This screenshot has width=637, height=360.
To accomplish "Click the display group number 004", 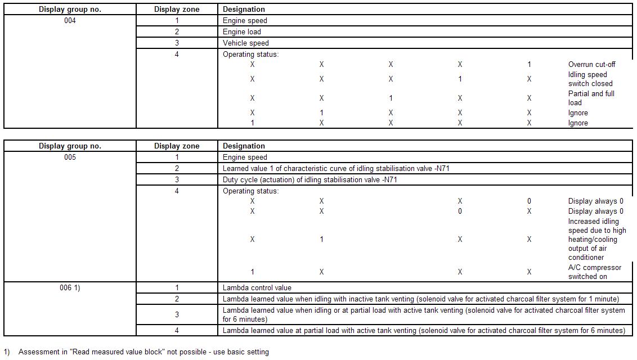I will (70, 21).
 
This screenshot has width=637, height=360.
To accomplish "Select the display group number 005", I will (70, 157).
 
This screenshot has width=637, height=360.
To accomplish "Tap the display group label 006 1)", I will (70, 288).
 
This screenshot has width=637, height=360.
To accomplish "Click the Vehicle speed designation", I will (246, 43).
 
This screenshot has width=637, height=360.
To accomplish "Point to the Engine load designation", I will (242, 32).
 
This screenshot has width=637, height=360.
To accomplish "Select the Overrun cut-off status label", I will (591, 65).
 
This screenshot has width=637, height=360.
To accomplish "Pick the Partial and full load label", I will (591, 98).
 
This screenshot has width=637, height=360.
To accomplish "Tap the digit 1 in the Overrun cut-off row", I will (529, 65).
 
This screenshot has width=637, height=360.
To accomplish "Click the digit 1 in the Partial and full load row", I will (391, 98).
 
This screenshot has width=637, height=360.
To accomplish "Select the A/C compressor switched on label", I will (595, 272).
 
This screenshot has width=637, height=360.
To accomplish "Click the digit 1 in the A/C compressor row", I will (252, 272).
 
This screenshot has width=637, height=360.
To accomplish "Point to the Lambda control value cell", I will (257, 288).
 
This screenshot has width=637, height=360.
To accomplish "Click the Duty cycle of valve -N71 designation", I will (311, 180).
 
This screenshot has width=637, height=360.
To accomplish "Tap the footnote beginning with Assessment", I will (143, 352).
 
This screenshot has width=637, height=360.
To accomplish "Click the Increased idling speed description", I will (596, 240).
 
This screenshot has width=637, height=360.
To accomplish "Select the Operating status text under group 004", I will (250, 55).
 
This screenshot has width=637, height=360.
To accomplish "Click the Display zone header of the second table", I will (177, 146).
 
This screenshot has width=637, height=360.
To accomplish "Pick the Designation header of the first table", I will (244, 10).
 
